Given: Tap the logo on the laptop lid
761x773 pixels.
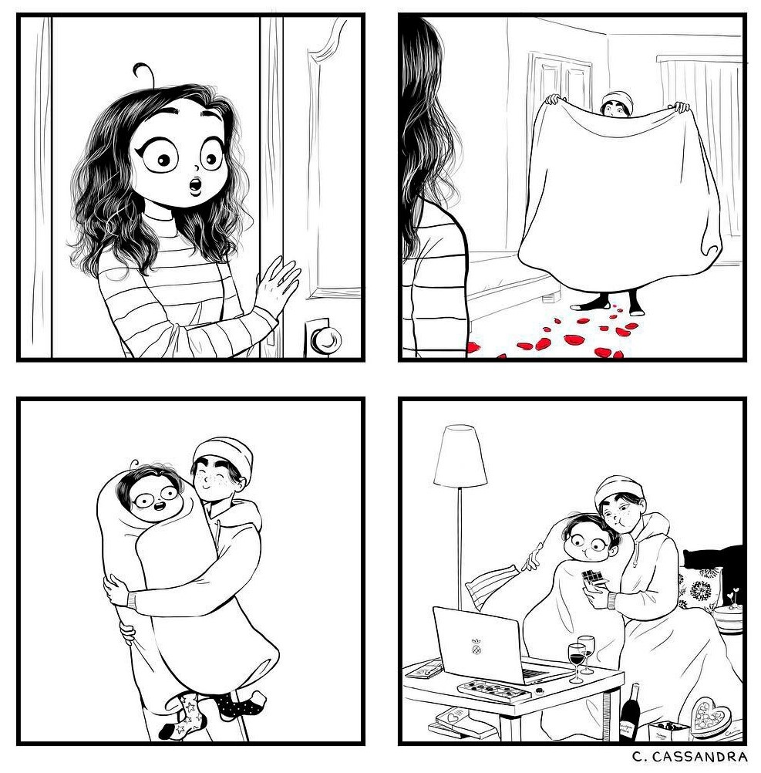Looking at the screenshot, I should click(476, 648).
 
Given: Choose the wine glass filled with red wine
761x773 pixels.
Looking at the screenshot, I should click(577, 659).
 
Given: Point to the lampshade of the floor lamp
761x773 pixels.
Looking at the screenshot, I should click(460, 457).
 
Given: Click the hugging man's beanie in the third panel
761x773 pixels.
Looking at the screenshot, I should click(224, 454).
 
